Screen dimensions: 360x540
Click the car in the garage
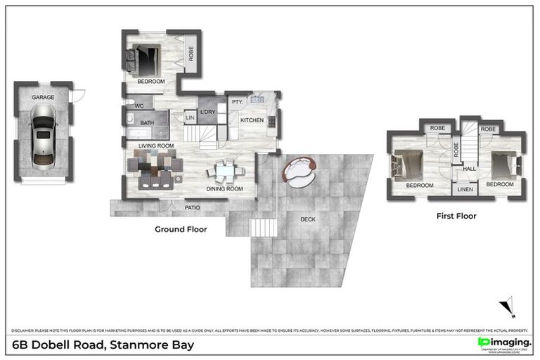(x=42, y=132)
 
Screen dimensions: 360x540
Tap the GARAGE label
(x=43, y=96)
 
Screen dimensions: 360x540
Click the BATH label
(x=147, y=123)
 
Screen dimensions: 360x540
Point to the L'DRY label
(x=207, y=112)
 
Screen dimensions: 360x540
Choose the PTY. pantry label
(x=237, y=102)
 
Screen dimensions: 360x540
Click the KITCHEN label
(x=252, y=120)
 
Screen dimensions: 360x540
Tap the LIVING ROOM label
(x=155, y=146)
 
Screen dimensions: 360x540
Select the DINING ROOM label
(x=224, y=188)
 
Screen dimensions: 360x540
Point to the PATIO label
(x=193, y=207)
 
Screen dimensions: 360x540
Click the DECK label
(x=308, y=219)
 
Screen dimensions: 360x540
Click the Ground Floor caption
(x=181, y=229)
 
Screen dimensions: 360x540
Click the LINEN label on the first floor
(x=465, y=189)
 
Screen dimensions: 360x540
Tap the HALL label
(x=469, y=169)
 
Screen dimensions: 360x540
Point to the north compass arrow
(x=508, y=307)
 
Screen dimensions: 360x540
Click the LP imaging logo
(x=504, y=342)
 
